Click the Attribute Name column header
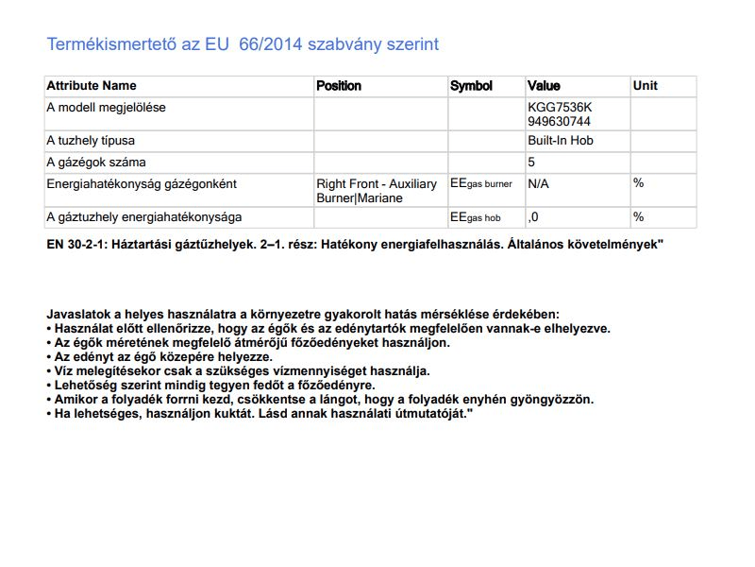pyautogui.click(x=92, y=86)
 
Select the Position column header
pyautogui.click(x=339, y=86)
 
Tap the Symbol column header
pyautogui.click(x=471, y=86)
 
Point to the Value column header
pyautogui.click(x=544, y=86)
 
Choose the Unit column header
pyautogui.click(x=646, y=86)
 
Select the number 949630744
pyautogui.click(x=560, y=121)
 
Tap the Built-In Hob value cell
pyautogui.click(x=561, y=141)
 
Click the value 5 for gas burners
pyautogui.click(x=532, y=162)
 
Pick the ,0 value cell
pyautogui.click(x=534, y=217)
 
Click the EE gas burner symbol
pyautogui.click(x=481, y=183)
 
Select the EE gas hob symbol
pyautogui.click(x=476, y=217)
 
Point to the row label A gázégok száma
pyautogui.click(x=96, y=162)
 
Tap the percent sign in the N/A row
pyautogui.click(x=638, y=182)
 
